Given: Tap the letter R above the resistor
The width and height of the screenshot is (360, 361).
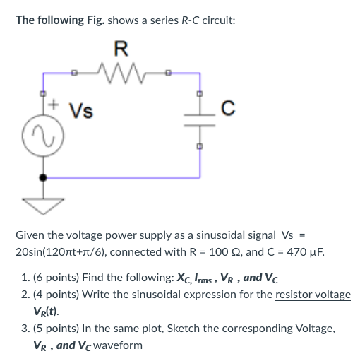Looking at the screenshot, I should [x=121, y=49].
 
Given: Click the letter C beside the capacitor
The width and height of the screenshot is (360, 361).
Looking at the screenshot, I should [x=227, y=110].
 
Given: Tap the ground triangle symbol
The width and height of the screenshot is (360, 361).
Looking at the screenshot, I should [x=44, y=205].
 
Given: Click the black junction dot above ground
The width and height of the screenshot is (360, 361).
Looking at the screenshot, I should [x=44, y=178].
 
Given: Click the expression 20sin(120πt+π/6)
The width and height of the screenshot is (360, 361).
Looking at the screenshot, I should [x=74, y=252].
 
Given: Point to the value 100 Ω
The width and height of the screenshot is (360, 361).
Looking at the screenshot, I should [x=214, y=252].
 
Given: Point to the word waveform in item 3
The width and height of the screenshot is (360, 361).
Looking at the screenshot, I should [x=118, y=345].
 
